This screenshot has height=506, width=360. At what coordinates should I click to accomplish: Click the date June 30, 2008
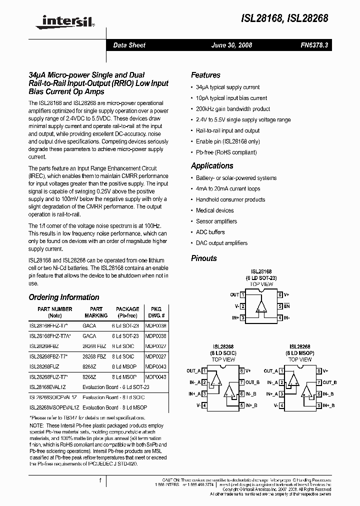pos(232,45)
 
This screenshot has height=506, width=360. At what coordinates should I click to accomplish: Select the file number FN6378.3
pos(314,45)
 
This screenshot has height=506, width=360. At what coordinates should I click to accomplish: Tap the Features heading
pos(205,75)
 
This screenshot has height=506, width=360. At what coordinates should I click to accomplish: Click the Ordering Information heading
pos(63,297)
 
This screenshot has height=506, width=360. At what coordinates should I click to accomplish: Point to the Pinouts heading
pos(204,258)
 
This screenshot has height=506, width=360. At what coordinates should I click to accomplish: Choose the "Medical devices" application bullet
pos(214,210)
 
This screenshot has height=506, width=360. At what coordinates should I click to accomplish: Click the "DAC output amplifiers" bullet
pos(221,243)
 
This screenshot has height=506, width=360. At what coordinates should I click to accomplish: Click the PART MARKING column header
pos(96,312)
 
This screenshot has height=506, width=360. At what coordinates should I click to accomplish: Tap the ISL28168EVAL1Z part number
pos(47,386)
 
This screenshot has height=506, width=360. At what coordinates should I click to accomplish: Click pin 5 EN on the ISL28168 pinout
pos(283,306)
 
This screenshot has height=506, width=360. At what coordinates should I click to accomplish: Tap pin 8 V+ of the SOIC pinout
pos(244,371)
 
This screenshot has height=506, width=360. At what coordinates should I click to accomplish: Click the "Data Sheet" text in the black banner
pos(129,45)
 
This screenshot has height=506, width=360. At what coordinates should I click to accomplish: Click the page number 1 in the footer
pos(100,481)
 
